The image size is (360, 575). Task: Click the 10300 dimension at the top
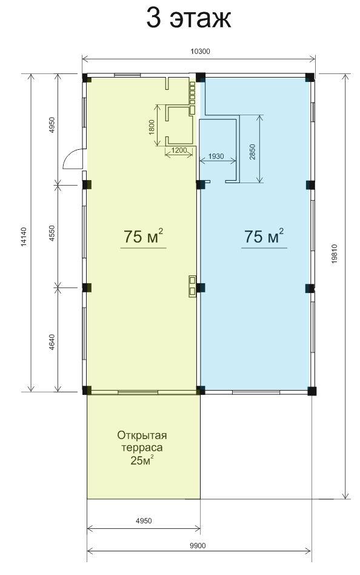[x=200, y=52]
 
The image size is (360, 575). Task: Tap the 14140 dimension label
[x=24, y=237]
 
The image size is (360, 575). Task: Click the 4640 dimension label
[x=52, y=341]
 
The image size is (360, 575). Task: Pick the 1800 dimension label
[x=152, y=127]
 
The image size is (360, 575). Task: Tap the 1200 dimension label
[x=179, y=150]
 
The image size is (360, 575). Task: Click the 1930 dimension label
[x=216, y=156]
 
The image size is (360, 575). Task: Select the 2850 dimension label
[x=252, y=152]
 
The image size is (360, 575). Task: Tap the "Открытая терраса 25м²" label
[x=142, y=448]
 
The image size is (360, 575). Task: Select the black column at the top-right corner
[x=310, y=78]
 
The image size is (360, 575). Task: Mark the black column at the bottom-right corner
[x=312, y=391]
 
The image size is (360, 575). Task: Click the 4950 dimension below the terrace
[x=144, y=520]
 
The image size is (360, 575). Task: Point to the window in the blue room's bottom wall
[x=256, y=393]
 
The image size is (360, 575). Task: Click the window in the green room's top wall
[x=127, y=75]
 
